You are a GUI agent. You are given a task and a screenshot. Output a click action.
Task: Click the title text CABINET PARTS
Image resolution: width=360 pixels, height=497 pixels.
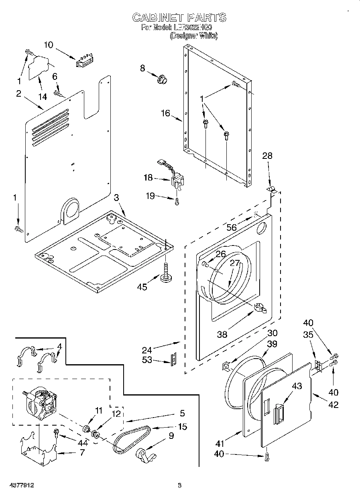pos(179,17)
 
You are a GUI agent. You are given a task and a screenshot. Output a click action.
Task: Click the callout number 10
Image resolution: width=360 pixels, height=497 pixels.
pos(48,45)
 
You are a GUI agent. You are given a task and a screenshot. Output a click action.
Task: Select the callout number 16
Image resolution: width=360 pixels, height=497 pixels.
pos(165,113)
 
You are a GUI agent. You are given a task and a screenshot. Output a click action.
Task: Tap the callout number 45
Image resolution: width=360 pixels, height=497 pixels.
pos(142,287)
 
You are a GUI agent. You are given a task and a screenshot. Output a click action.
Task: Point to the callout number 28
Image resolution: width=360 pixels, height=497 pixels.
pos(267,156)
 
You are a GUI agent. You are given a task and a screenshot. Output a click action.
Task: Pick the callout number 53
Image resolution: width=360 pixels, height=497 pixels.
pos(147,360)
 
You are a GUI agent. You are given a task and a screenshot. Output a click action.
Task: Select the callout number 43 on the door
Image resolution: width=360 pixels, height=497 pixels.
pos(297,386)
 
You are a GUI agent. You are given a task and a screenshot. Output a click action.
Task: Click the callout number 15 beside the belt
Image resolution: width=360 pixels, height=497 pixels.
pos(182,427)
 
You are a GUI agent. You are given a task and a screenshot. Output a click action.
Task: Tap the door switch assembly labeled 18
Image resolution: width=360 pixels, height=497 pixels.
pos(177,179)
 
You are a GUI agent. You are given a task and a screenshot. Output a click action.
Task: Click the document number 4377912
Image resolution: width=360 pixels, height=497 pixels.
pos(20,485)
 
